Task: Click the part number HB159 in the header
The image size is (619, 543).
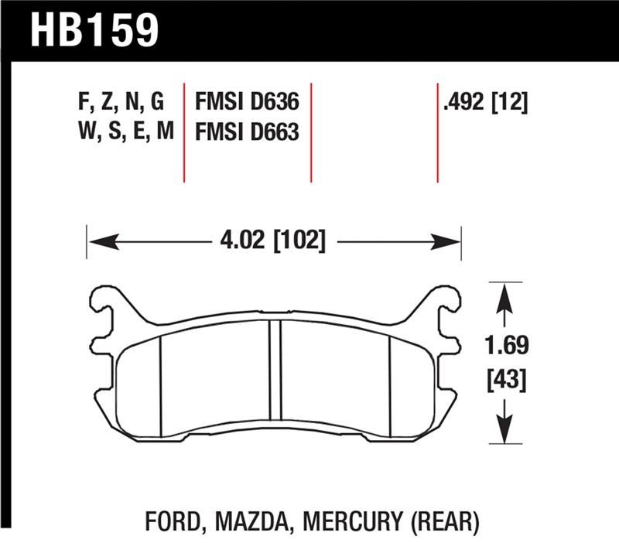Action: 94,30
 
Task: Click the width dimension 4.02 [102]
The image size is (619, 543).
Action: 272,241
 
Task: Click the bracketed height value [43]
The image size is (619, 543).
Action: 504,380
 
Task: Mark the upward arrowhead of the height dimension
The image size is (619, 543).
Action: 504,293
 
